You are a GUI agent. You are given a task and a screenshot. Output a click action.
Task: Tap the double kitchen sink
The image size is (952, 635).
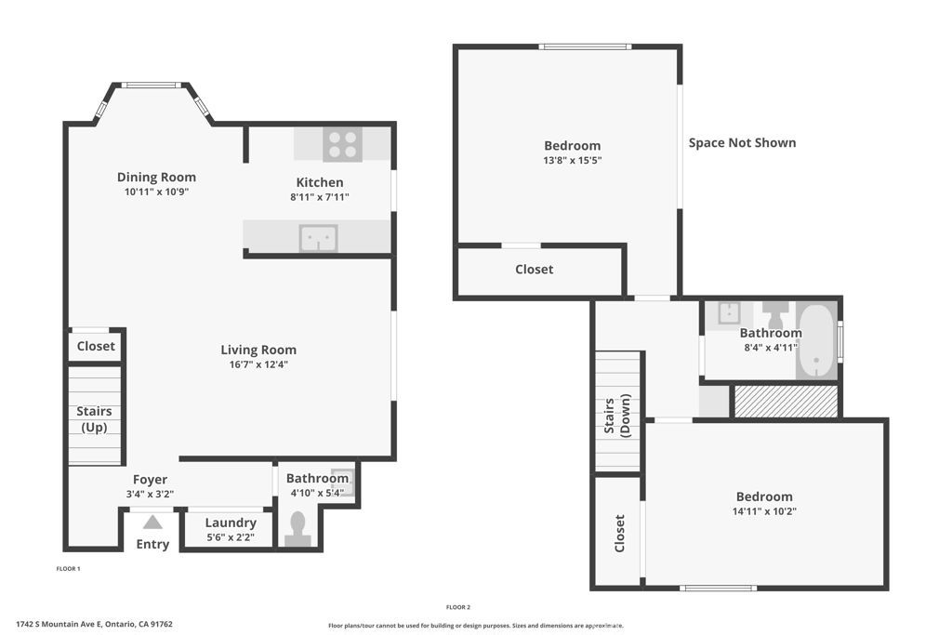(x=318, y=239)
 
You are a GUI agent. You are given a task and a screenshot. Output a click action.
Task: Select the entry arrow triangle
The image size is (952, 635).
(x=152, y=523)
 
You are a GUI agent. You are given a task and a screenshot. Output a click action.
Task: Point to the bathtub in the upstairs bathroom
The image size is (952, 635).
(x=816, y=340)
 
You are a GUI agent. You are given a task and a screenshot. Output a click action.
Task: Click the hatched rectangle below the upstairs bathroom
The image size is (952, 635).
(x=786, y=402)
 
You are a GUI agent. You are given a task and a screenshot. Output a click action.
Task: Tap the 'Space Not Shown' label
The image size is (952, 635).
(x=742, y=142)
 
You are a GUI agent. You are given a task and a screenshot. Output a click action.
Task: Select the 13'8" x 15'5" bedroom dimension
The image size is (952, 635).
(x=572, y=160)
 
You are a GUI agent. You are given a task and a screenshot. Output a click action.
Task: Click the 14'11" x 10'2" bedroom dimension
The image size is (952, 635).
(x=764, y=511)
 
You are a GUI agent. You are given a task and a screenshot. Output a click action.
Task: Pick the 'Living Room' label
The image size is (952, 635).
(x=258, y=350)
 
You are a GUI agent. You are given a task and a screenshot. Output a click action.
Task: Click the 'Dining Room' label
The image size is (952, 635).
(x=156, y=177)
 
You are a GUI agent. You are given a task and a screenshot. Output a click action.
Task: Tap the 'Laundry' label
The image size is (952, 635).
(x=230, y=523)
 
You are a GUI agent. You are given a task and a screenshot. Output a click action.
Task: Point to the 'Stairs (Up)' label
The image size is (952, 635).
(x=94, y=419)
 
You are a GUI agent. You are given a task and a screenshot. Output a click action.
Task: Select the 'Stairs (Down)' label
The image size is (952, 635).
(x=617, y=415)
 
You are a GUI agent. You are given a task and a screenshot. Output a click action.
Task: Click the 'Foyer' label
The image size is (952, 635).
(x=150, y=480)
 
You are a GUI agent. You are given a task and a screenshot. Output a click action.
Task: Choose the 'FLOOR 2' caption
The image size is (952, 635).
(x=458, y=607)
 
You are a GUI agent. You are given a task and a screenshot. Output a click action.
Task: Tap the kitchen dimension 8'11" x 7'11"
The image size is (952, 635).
(x=319, y=197)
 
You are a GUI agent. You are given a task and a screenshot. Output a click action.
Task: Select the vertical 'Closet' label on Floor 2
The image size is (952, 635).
(x=619, y=534)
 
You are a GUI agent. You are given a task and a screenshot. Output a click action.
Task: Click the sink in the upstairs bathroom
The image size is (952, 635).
(x=729, y=313)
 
